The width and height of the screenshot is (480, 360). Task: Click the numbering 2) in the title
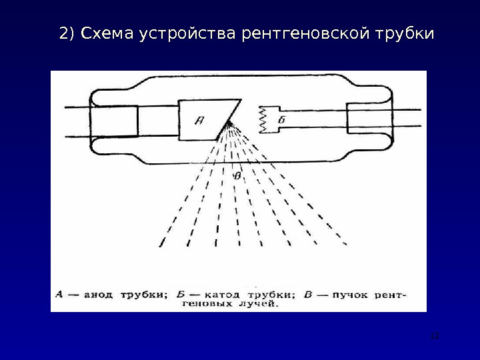click(x=67, y=33)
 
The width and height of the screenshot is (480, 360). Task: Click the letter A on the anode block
click(x=199, y=120)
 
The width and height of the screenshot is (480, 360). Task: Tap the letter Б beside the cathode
click(x=282, y=120)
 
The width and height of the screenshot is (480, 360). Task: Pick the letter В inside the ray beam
click(x=238, y=176)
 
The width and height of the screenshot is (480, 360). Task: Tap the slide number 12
click(x=435, y=335)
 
